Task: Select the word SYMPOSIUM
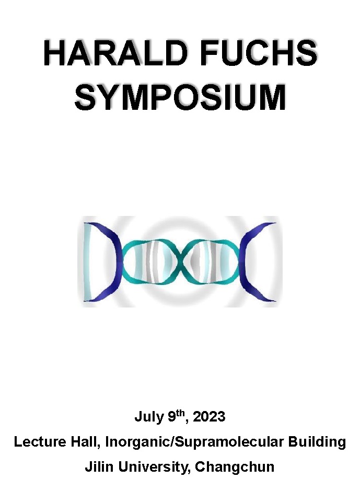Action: (x=180, y=97)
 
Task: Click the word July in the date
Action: (x=149, y=417)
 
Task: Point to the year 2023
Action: (x=209, y=417)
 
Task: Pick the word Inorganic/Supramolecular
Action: (x=194, y=442)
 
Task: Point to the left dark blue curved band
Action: (x=116, y=262)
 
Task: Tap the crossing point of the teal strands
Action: (x=180, y=262)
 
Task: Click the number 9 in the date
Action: (x=172, y=417)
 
